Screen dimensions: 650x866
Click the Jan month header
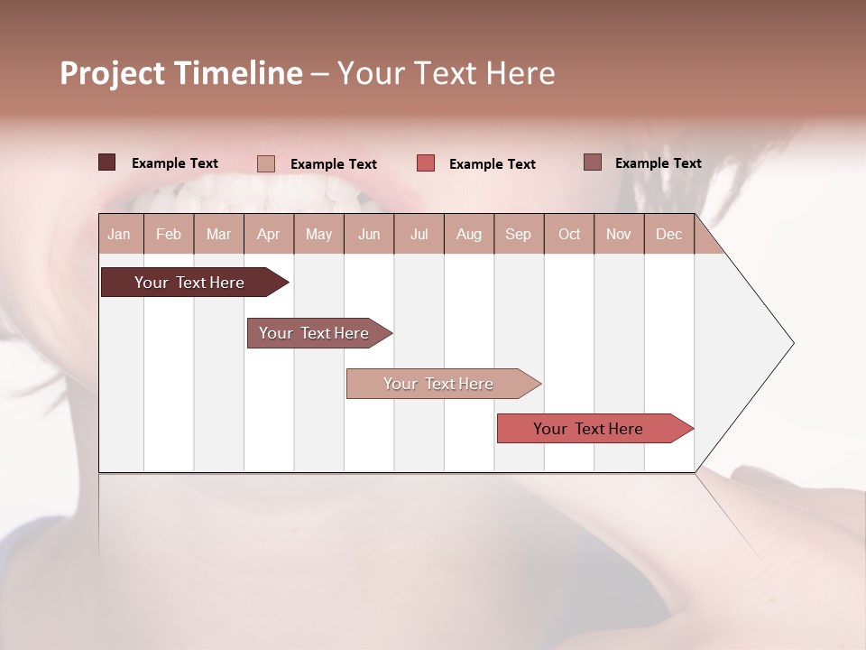coord(119,234)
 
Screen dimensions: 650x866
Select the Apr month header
coord(268,234)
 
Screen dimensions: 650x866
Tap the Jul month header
coord(419,234)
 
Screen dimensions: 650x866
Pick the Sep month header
coord(518,234)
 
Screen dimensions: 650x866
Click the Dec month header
coord(668,234)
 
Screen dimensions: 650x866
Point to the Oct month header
coord(569,234)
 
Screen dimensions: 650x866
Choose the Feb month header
coord(169,234)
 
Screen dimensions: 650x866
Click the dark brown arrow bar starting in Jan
coord(189,283)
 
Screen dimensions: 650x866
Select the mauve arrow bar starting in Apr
coord(314,333)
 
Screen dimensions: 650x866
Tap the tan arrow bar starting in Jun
coord(438,384)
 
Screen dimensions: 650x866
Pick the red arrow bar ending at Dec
coord(588,429)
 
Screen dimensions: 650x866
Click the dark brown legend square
coord(106,162)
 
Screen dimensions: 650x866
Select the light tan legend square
coord(265,163)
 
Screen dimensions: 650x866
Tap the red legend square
coord(426,162)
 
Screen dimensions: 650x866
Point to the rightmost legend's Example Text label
coord(658,163)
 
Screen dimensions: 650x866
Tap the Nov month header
coord(619,234)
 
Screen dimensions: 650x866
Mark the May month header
coord(318,234)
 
